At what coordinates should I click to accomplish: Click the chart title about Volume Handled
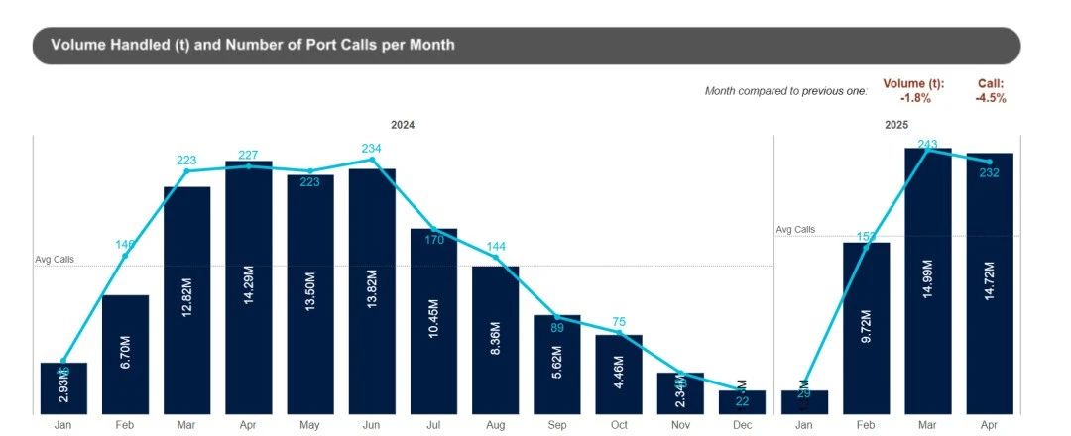pyautogui.click(x=253, y=45)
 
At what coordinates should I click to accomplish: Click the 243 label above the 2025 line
pyautogui.click(x=927, y=145)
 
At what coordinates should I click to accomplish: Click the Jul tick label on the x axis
pyautogui.click(x=433, y=426)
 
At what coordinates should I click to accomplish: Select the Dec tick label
pyautogui.click(x=743, y=426)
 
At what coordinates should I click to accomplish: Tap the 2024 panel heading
pyautogui.click(x=402, y=125)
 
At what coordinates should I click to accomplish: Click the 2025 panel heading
pyautogui.click(x=896, y=125)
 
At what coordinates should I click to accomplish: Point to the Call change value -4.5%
pyautogui.click(x=990, y=98)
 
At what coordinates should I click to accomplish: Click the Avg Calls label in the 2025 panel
pyautogui.click(x=795, y=229)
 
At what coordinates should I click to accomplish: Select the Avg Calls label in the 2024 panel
pyautogui.click(x=55, y=260)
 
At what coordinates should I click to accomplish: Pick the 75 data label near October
pyautogui.click(x=620, y=322)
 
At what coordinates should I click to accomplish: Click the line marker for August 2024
pyautogui.click(x=496, y=258)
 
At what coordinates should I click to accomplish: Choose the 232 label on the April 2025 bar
pyautogui.click(x=989, y=173)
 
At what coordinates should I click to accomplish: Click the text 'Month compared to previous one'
pyautogui.click(x=785, y=91)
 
